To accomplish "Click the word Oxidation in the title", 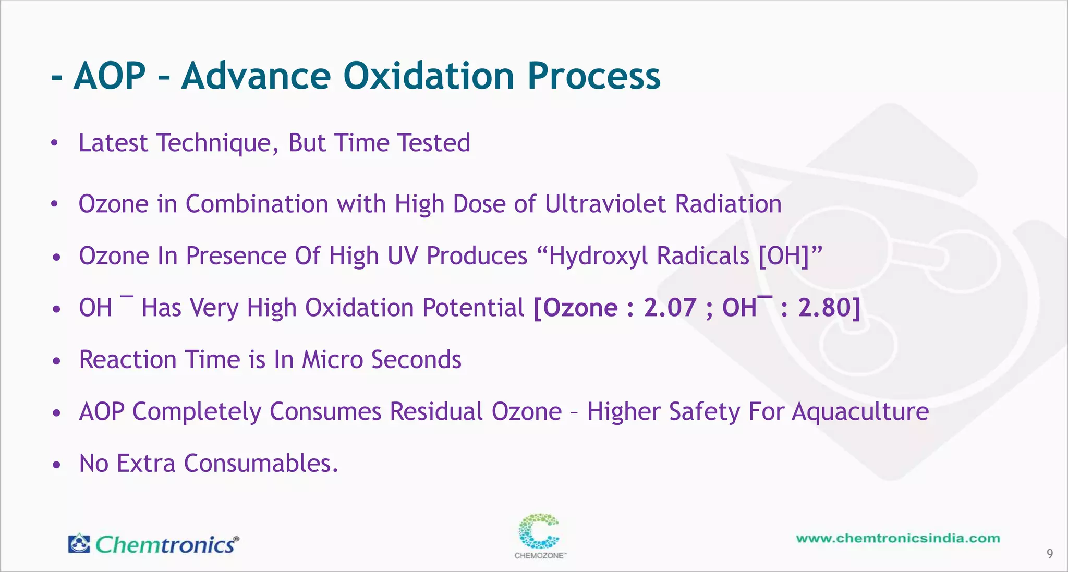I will (x=429, y=76).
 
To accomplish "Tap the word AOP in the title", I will (x=110, y=76).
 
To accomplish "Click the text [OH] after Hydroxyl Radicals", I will (x=783, y=256).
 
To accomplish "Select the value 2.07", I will (x=670, y=308).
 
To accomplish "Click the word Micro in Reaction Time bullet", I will (x=332, y=360).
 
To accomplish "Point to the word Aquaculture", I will (x=860, y=412).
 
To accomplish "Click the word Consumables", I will (x=261, y=464).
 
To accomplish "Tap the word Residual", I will (x=436, y=411).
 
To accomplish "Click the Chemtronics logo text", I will (x=166, y=545).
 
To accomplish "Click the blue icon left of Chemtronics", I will (x=79, y=543).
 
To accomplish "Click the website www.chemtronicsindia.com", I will (x=898, y=538).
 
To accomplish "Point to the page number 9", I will (x=1050, y=554).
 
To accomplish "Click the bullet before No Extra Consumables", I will (x=57, y=464).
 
